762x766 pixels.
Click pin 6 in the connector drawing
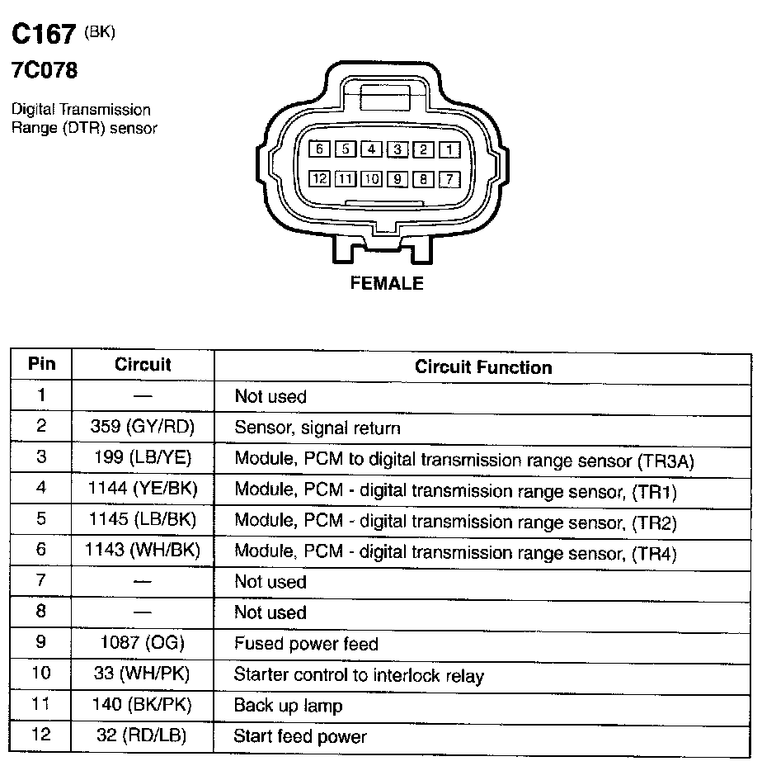point(320,149)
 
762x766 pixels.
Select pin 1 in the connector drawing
point(449,149)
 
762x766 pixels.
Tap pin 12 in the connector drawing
point(320,179)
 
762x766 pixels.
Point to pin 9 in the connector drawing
point(397,179)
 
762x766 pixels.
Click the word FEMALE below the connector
point(387,283)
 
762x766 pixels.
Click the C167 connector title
point(44,34)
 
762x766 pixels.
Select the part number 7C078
point(45,70)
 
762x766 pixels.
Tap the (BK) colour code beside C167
point(100,31)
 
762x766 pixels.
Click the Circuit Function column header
point(483,366)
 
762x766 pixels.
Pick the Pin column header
point(41,364)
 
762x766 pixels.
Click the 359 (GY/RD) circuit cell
point(143,427)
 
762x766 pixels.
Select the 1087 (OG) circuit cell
point(143,642)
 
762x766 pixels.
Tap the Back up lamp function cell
point(288,706)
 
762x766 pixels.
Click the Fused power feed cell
point(306,643)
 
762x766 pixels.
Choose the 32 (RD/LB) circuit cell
point(142,735)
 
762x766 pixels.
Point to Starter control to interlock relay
point(359,674)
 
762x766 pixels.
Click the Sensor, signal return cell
point(317,428)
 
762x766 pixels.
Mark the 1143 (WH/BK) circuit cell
point(143,550)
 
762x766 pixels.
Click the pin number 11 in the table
point(40,703)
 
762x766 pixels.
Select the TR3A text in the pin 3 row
point(666,461)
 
